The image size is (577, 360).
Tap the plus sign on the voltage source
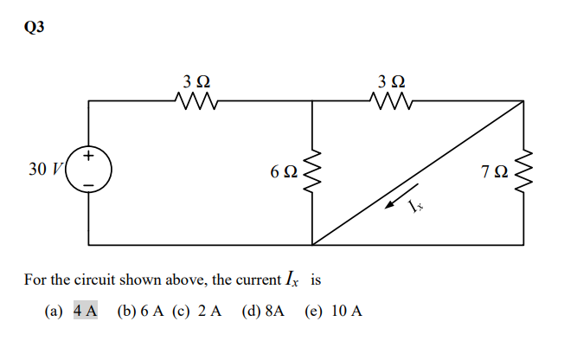[90, 157]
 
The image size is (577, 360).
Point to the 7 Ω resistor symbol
[525, 170]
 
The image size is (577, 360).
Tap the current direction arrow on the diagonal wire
[395, 205]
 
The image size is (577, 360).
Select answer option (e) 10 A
[333, 310]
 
